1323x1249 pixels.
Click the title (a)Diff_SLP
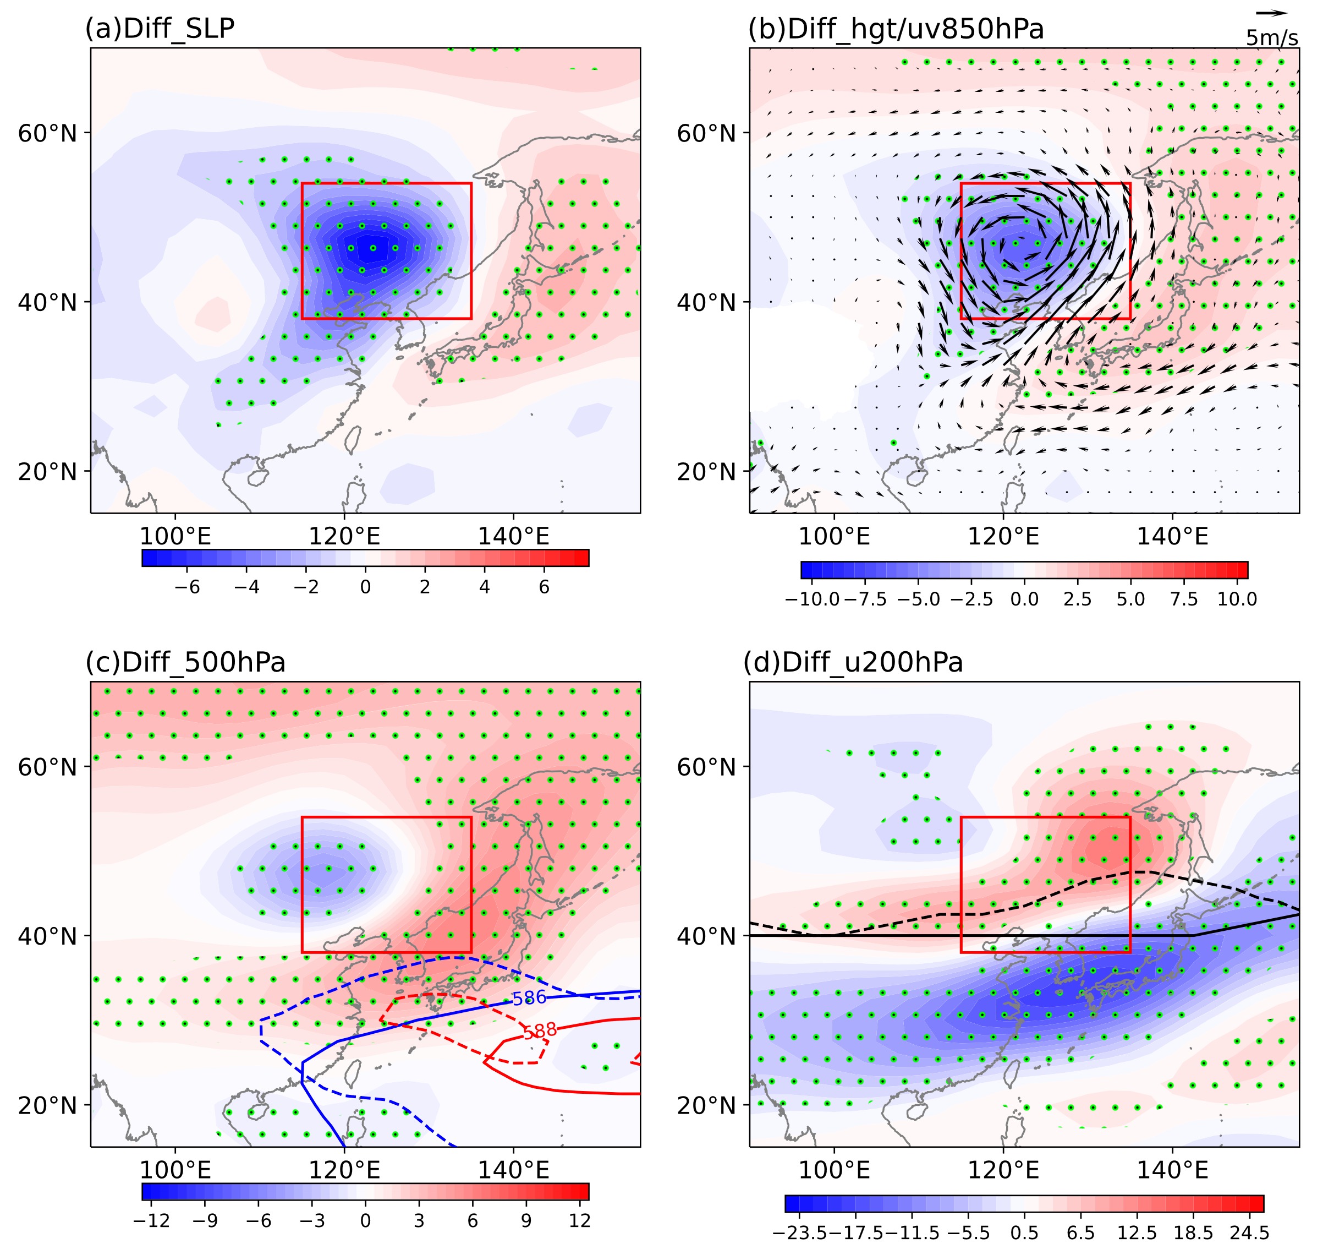(160, 29)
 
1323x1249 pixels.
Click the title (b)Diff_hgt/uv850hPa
(896, 29)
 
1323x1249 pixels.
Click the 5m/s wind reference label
(1272, 39)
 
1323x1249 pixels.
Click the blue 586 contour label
(529, 998)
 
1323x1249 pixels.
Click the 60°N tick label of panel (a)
(47, 133)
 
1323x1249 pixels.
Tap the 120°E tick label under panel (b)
(1003, 537)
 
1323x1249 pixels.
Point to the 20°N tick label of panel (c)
(47, 1105)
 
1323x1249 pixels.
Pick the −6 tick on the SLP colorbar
(187, 587)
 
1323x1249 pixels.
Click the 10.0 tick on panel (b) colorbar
(1237, 599)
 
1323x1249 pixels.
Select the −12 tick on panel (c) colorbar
(152, 1220)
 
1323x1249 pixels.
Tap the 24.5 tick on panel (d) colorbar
(1249, 1233)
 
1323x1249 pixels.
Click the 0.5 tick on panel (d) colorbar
(1024, 1233)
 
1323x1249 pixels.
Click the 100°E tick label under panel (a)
(175, 537)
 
